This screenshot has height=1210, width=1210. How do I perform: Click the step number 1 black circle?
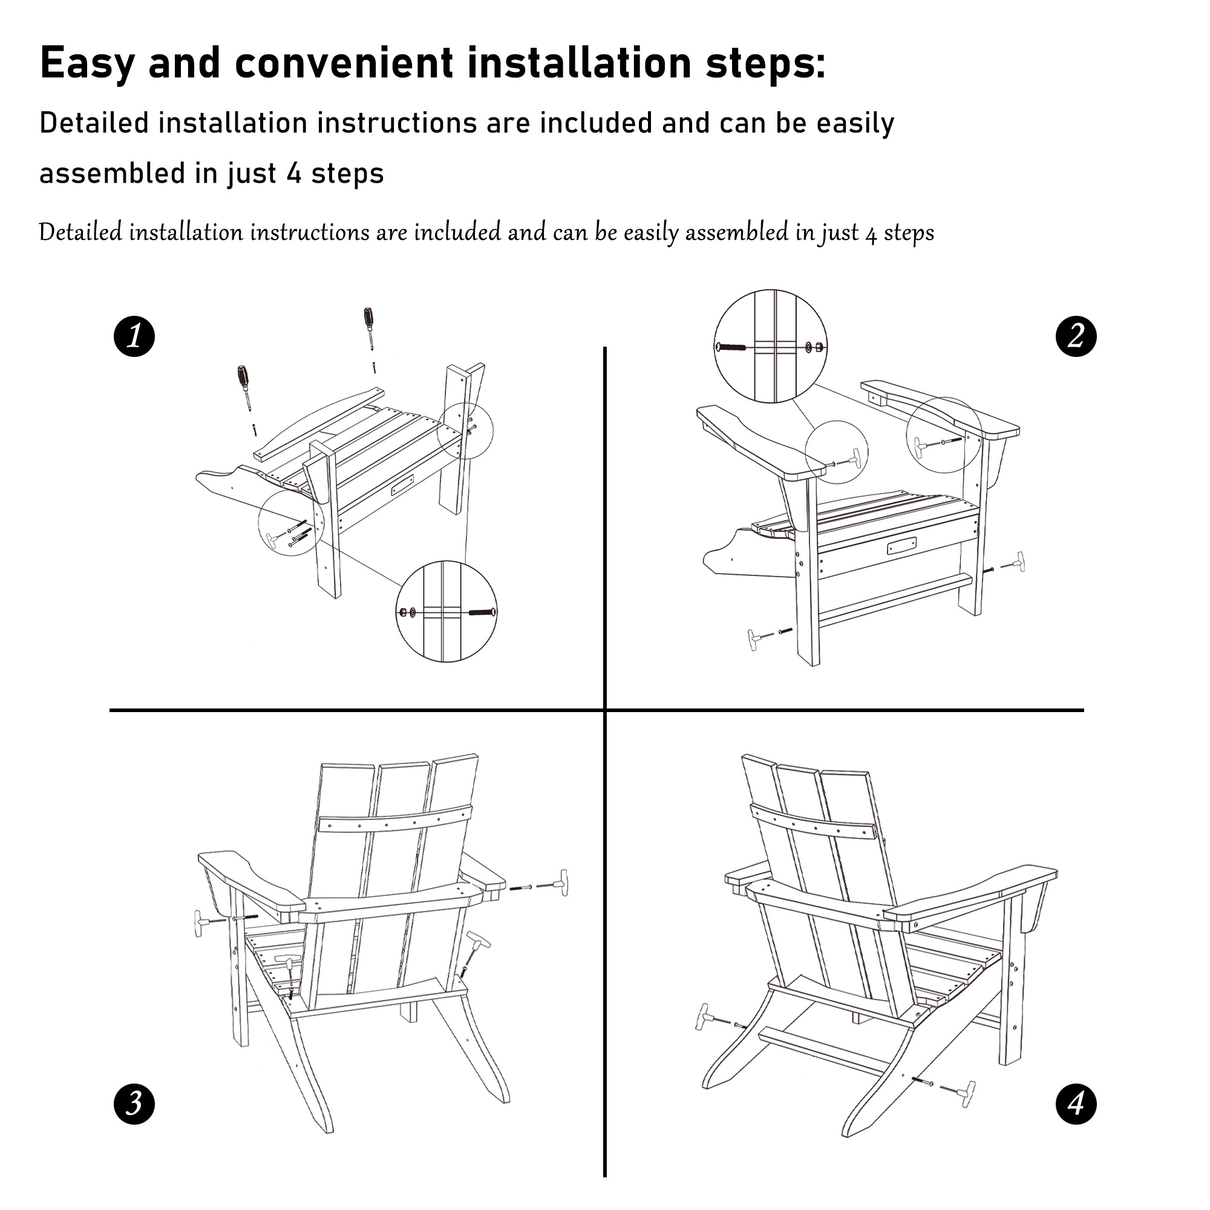coord(134,337)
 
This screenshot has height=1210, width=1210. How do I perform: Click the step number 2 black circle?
coord(1076,337)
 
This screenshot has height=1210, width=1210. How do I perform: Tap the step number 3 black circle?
coord(134,1104)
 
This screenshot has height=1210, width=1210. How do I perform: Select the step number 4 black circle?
coord(1076,1104)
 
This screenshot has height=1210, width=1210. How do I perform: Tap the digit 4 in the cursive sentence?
coord(871,234)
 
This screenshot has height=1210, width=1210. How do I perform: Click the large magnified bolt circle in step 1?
coord(447,612)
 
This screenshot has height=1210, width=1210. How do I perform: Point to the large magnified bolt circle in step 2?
coord(770,346)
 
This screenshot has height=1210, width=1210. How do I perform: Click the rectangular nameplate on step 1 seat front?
coord(402,485)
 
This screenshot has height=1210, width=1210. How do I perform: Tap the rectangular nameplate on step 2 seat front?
coord(902,546)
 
